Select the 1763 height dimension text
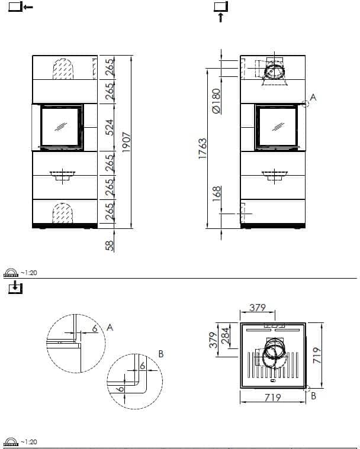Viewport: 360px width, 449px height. (x=203, y=149)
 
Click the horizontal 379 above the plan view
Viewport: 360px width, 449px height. (x=258, y=308)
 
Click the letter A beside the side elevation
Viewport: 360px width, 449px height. (x=313, y=97)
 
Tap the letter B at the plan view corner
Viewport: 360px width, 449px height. (x=313, y=396)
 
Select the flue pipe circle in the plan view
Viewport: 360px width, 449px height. (x=272, y=354)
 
